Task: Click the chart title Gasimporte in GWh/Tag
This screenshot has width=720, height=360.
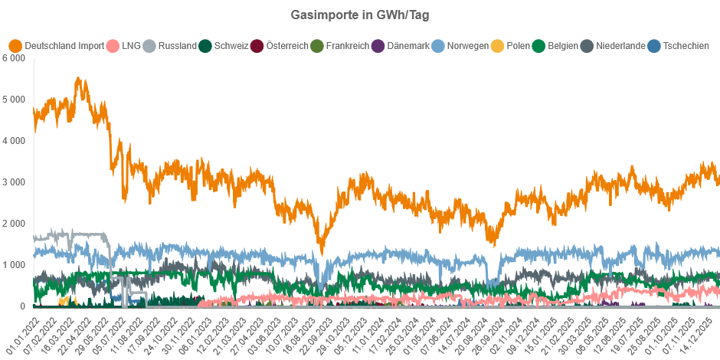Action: click(x=360, y=15)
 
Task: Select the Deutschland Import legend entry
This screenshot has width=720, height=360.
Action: click(x=64, y=46)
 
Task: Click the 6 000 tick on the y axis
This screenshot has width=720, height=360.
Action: click(x=15, y=58)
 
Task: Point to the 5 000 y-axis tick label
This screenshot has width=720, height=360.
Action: click(x=15, y=100)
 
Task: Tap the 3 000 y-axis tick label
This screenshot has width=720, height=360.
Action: click(x=15, y=182)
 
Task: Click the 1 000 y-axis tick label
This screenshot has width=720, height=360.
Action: click(x=15, y=265)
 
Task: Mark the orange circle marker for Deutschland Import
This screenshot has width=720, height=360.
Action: click(x=15, y=46)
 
